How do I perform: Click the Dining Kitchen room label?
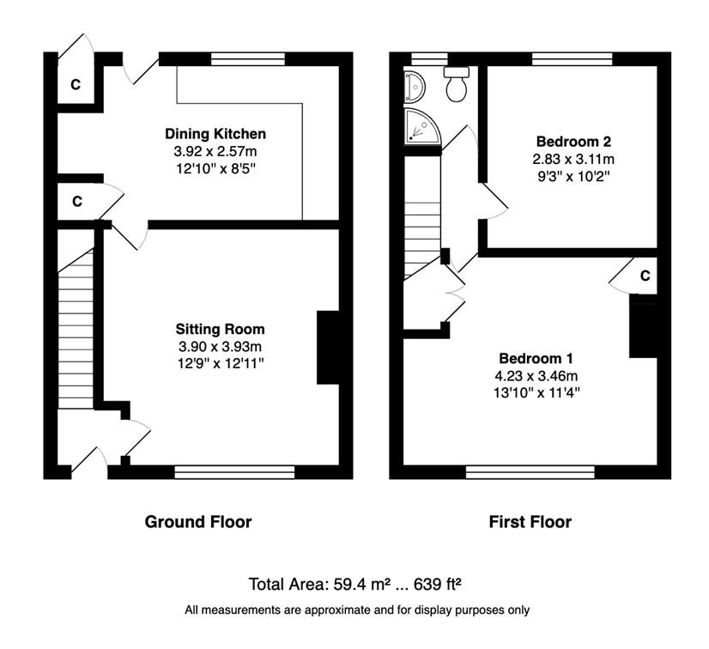click(215, 134)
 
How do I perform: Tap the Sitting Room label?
click(221, 330)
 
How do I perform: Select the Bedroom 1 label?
click(536, 359)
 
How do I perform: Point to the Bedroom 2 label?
click(573, 142)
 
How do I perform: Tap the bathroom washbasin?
click(415, 87)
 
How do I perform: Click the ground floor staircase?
click(76, 330)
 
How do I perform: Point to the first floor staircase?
click(421, 217)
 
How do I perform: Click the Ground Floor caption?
click(198, 522)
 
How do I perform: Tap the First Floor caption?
click(530, 522)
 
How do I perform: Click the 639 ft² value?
click(437, 585)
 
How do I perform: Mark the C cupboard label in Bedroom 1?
click(645, 276)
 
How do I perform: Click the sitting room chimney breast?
click(328, 348)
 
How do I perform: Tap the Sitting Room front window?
click(234, 472)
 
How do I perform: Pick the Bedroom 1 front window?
click(530, 472)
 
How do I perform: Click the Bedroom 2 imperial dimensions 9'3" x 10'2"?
click(573, 176)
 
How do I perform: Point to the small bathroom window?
click(429, 59)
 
